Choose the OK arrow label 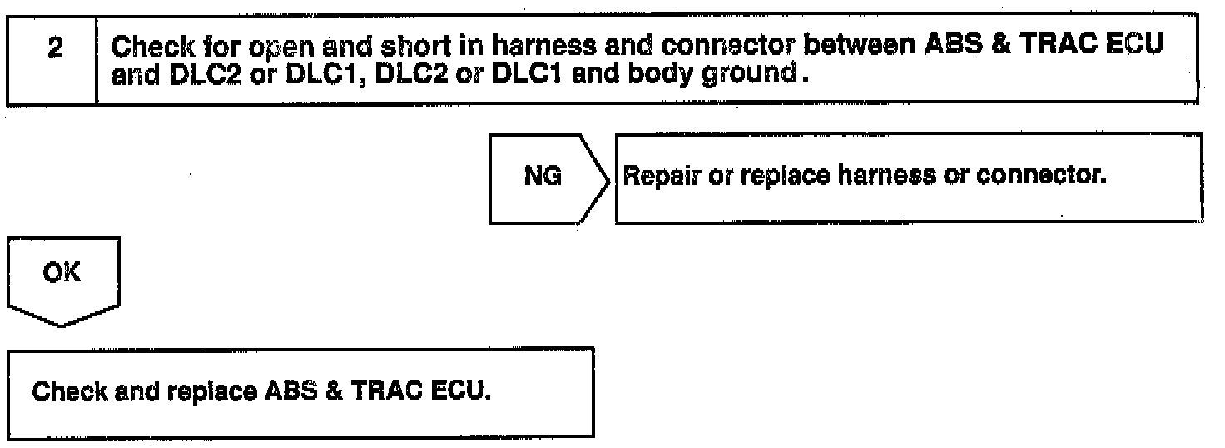pyautogui.click(x=63, y=272)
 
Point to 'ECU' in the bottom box pyautogui.click(x=463, y=393)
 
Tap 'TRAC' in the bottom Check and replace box pyautogui.click(x=395, y=393)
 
